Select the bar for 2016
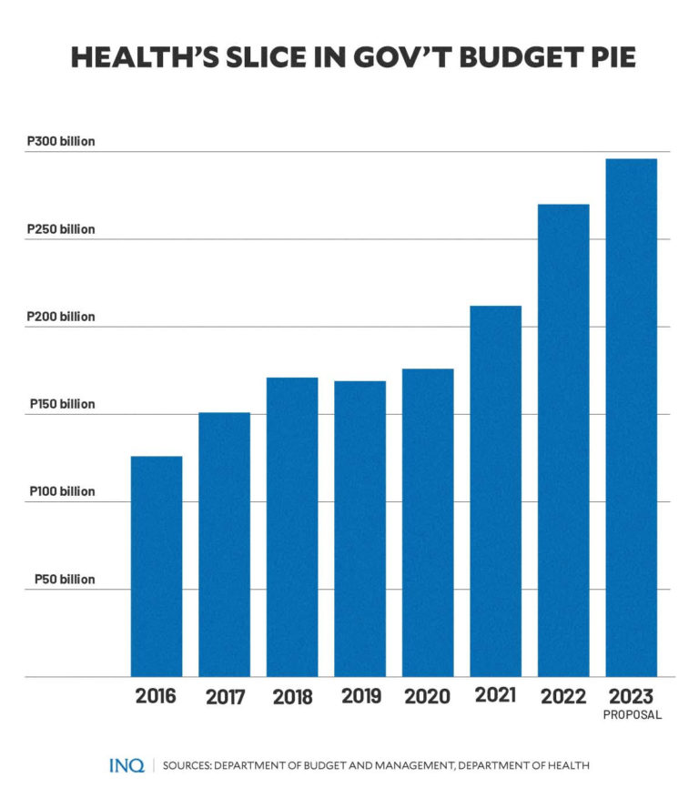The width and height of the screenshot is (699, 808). (157, 566)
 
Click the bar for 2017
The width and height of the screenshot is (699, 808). (224, 544)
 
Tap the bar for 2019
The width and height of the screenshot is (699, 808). (360, 529)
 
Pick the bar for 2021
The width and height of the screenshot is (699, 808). (495, 491)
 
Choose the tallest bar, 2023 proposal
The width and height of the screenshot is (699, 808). (631, 418)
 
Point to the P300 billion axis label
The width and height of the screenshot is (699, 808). (61, 142)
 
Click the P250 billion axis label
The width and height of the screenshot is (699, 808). (61, 229)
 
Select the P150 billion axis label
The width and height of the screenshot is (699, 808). (61, 404)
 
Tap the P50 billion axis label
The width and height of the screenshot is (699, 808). (65, 579)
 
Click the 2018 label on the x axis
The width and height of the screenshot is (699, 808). (292, 698)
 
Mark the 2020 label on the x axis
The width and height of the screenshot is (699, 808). (428, 697)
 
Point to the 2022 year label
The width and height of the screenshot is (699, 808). (563, 697)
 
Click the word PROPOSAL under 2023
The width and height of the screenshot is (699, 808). (632, 715)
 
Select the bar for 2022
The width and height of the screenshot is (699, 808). (563, 440)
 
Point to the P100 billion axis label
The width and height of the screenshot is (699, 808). (61, 491)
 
